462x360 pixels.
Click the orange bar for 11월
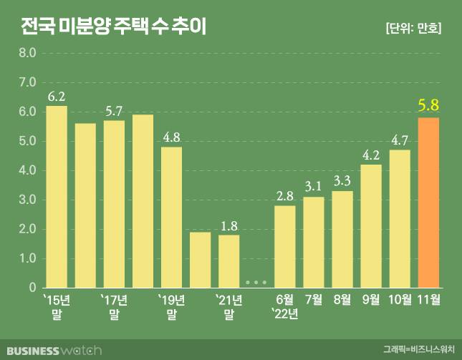(428, 203)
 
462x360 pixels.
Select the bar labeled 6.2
(57, 197)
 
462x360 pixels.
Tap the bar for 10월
(400, 218)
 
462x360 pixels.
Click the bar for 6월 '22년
(285, 246)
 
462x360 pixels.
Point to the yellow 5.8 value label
(428, 107)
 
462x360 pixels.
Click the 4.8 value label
(171, 137)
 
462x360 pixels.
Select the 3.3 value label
(342, 180)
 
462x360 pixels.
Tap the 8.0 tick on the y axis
(27, 53)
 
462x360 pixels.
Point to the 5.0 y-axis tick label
(27, 141)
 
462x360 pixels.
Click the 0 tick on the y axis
(32, 288)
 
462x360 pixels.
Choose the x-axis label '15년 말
(57, 306)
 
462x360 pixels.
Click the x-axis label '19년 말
(171, 306)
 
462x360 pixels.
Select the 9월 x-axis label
(371, 298)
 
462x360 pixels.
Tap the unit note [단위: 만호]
(413, 29)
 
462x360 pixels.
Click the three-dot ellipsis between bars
(256, 282)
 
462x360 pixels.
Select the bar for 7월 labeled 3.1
(314, 242)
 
